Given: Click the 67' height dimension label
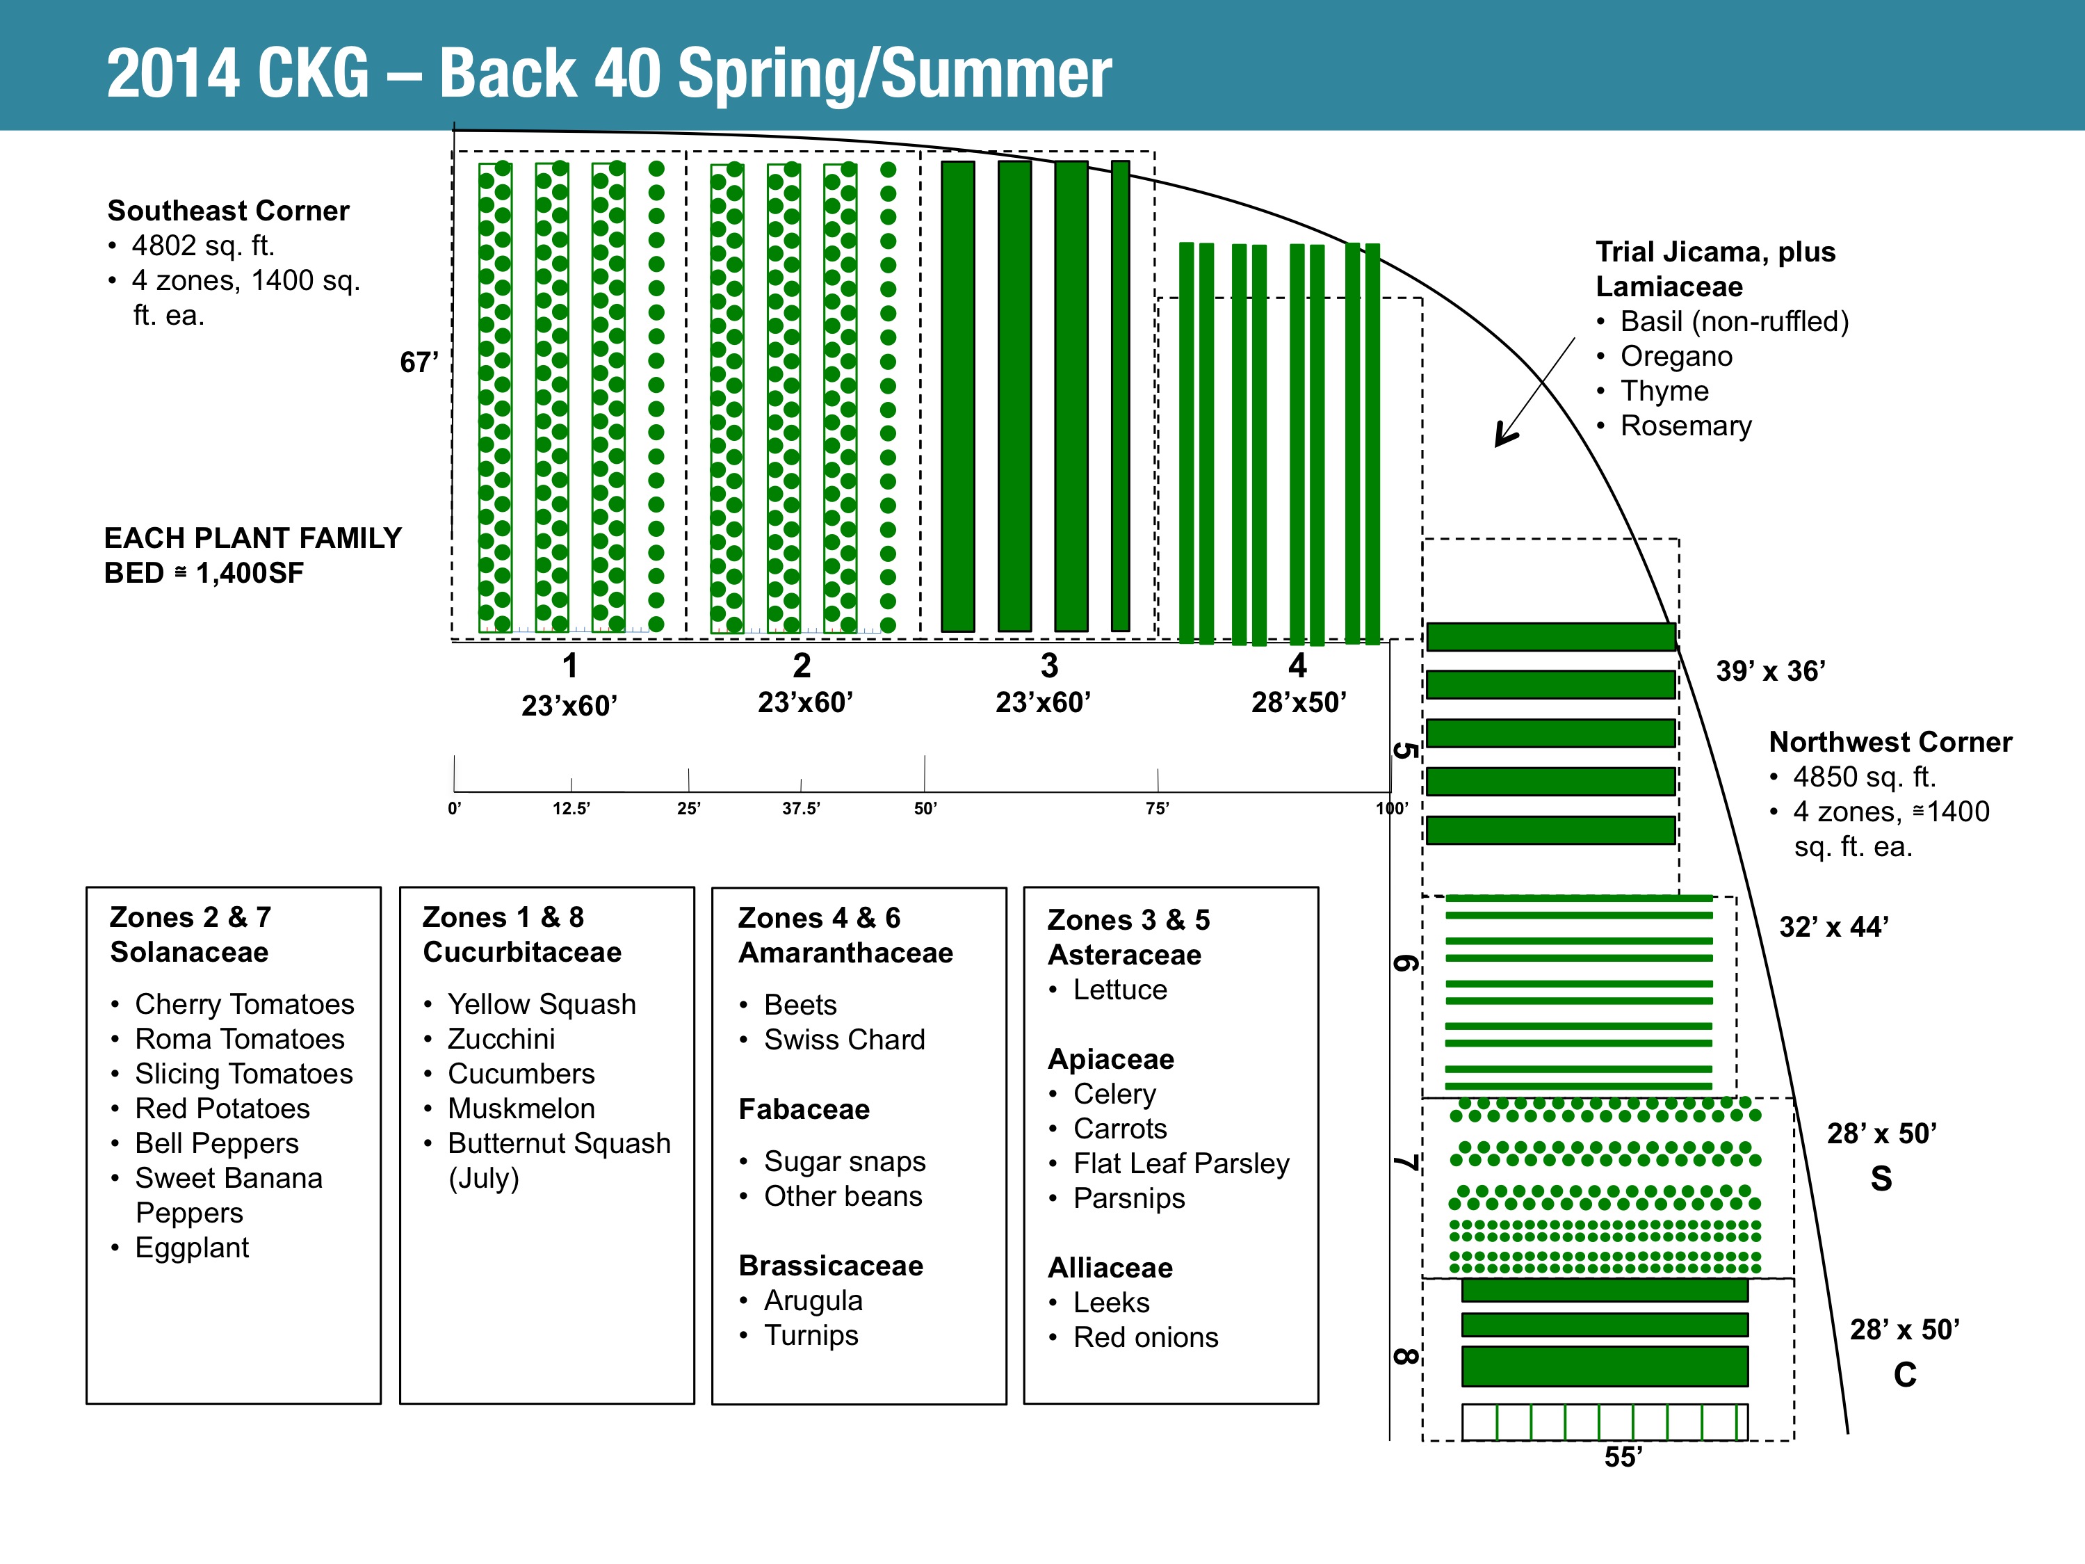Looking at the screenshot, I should click(x=419, y=362).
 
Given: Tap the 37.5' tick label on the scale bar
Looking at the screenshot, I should click(x=801, y=808).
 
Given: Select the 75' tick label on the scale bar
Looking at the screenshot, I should click(x=1157, y=808).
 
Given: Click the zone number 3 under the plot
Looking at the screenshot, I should click(x=1049, y=666).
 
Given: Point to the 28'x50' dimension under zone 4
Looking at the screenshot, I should click(x=1298, y=702).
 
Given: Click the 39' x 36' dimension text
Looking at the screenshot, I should click(x=1770, y=671).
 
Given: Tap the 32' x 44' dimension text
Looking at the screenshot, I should click(x=1833, y=927).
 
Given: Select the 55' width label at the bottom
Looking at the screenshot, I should click(x=1623, y=1456).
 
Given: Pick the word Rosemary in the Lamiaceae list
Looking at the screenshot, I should click(x=1685, y=426).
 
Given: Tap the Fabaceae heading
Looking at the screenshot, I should click(x=804, y=1110).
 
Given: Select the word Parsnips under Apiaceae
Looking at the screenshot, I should click(x=1129, y=1198).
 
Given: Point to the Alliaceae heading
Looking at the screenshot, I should click(x=1110, y=1268).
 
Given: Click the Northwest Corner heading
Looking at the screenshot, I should click(x=1890, y=742).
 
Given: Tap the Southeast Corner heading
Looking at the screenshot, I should click(x=228, y=210).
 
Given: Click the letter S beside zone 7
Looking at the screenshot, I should click(x=1881, y=1179).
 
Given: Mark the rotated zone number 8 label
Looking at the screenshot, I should click(x=1404, y=1357).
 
